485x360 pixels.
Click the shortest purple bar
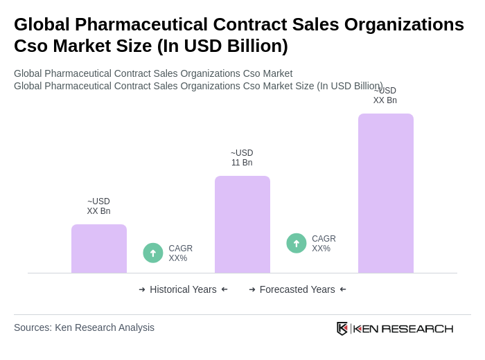[99, 249]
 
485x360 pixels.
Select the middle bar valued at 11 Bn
[242, 224]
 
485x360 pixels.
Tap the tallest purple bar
[386, 193]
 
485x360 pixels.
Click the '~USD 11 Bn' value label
[242, 158]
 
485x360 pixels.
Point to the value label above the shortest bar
[98, 206]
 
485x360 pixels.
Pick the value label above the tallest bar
[385, 96]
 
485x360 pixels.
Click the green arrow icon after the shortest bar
[153, 253]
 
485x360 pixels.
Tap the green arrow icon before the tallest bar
[297, 243]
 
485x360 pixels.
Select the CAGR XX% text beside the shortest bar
[180, 253]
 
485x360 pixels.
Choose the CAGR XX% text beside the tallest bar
[324, 244]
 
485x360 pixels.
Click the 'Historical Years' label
[183, 289]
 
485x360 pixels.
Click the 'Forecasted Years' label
[297, 289]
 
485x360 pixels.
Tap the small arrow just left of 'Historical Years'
[142, 289]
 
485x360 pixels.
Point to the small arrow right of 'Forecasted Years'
[343, 289]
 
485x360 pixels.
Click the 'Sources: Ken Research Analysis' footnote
[84, 327]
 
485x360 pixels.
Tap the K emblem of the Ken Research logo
[342, 328]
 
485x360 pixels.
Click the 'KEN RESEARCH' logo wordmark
[403, 328]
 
